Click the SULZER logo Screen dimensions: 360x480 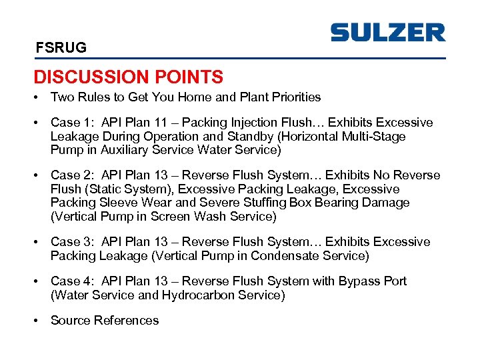pyautogui.click(x=387, y=33)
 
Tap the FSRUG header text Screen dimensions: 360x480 pyautogui.click(x=61, y=48)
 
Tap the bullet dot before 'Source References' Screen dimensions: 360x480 pyautogui.click(x=37, y=321)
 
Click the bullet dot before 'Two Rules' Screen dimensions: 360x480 pyautogui.click(x=37, y=97)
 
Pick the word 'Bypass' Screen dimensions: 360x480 pyautogui.click(x=358, y=281)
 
